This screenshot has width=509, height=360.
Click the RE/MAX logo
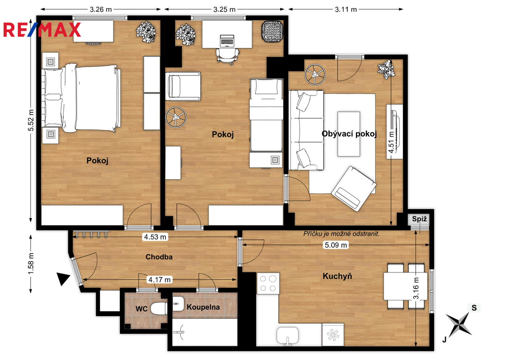click(x=42, y=30)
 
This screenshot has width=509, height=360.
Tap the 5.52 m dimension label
click(x=31, y=120)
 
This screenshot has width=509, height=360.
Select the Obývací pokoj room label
click(x=349, y=134)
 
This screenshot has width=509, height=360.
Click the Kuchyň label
click(x=337, y=276)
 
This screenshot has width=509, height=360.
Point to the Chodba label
click(x=159, y=257)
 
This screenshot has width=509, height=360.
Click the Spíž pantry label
click(x=419, y=219)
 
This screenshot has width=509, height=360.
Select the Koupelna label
click(x=203, y=307)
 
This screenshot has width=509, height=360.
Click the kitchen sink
click(x=287, y=336)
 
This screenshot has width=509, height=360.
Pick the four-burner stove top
click(x=268, y=283)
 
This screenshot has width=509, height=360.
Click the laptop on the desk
click(x=227, y=41)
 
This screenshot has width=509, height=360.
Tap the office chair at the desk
click(x=227, y=56)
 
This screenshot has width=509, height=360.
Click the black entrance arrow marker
click(x=63, y=278)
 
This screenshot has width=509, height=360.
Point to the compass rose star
click(x=459, y=325)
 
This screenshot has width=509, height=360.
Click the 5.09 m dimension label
click(x=336, y=245)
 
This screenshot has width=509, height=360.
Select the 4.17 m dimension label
click(x=159, y=280)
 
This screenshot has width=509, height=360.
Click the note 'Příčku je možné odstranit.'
click(x=341, y=234)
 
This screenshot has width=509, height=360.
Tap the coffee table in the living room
click(x=349, y=134)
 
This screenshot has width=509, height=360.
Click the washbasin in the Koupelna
click(x=178, y=304)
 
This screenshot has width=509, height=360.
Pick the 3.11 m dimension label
click(x=346, y=9)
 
